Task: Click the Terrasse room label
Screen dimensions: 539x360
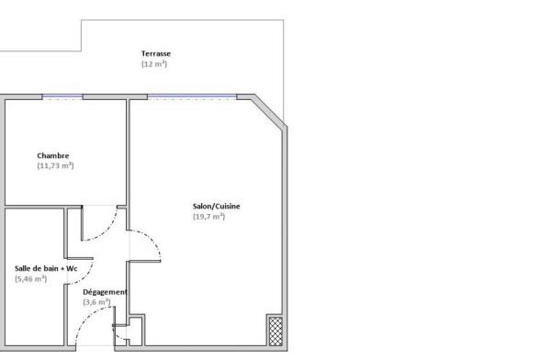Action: tap(156, 53)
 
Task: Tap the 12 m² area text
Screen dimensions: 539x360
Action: tap(154, 64)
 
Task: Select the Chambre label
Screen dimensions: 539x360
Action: tap(53, 155)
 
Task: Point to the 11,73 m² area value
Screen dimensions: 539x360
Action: tap(55, 165)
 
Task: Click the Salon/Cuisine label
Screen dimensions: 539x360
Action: tap(216, 207)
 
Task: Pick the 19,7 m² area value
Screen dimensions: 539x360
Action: tap(208, 216)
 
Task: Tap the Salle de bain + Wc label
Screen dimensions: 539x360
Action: tap(46, 268)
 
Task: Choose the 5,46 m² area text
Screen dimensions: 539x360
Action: tap(30, 278)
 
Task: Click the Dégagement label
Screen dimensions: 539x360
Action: tap(106, 292)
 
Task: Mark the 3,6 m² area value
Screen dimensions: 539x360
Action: tap(96, 302)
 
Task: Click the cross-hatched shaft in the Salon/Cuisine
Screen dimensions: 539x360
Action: tap(275, 332)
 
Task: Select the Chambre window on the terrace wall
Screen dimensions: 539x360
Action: tap(62, 97)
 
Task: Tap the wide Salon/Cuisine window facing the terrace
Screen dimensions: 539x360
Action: tap(192, 97)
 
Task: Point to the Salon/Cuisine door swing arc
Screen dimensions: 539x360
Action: tap(152, 239)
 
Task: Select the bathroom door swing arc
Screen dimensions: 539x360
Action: tap(86, 276)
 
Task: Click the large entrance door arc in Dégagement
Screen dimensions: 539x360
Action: tap(86, 317)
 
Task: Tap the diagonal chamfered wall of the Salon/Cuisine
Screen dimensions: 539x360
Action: tap(268, 112)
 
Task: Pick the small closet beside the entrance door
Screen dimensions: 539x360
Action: tap(135, 332)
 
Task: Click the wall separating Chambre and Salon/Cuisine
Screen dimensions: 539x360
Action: tap(128, 165)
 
